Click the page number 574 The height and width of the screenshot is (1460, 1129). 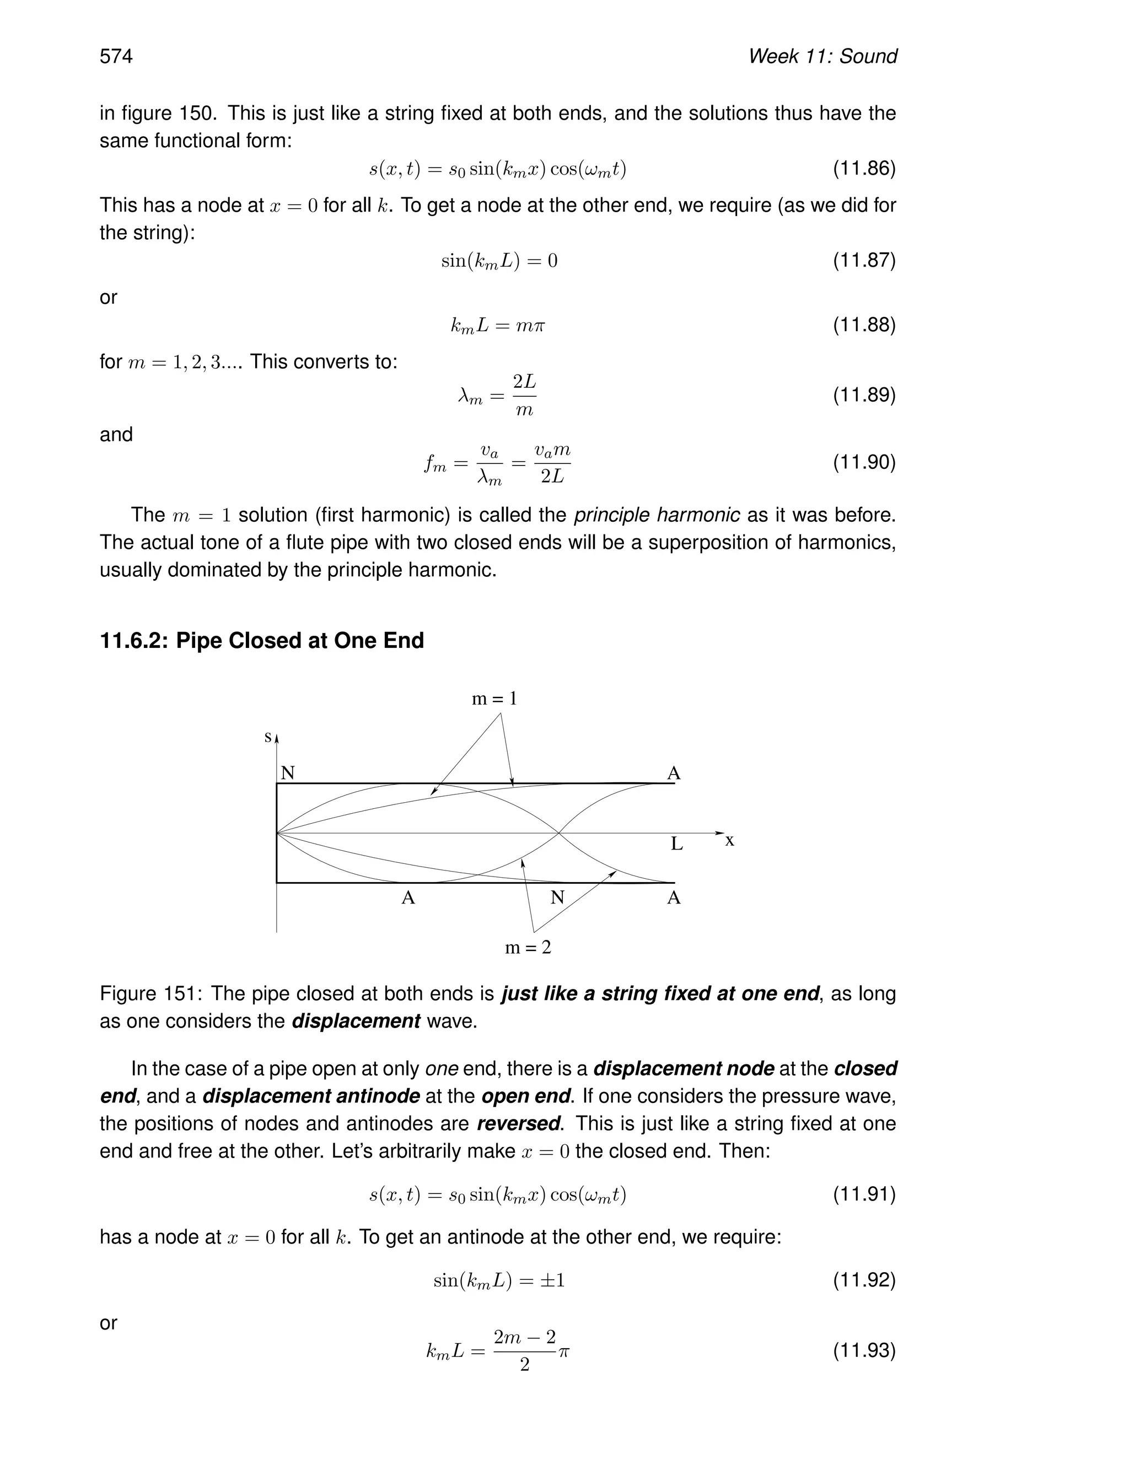point(116,56)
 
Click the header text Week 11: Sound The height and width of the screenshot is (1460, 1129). point(822,56)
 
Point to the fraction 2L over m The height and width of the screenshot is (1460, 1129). point(524,395)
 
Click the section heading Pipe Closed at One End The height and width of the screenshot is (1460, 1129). point(300,640)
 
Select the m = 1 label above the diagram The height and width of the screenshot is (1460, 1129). point(494,699)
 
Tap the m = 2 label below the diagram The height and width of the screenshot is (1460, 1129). point(528,947)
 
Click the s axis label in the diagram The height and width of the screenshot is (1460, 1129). point(268,737)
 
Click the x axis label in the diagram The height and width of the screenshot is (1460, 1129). point(730,841)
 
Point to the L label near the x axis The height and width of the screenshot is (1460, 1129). point(677,844)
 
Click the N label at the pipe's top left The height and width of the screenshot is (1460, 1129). point(288,774)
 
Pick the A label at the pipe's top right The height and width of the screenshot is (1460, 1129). point(674,774)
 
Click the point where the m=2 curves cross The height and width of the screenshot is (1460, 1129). point(558,833)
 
